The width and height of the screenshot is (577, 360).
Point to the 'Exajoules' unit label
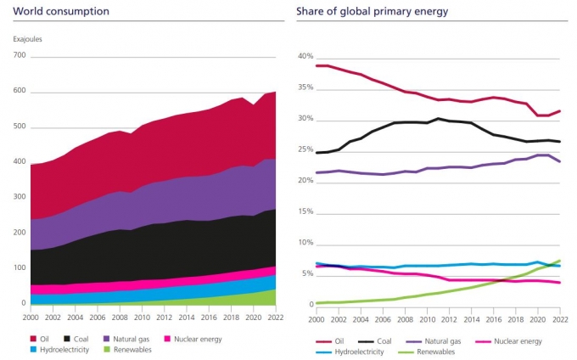[x=28, y=39]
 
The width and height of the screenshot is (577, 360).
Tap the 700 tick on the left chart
[x=20, y=56]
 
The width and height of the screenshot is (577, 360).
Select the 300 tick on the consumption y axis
[x=20, y=197]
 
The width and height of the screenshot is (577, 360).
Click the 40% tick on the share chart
[x=305, y=57]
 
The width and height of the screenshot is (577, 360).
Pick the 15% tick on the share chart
[x=305, y=212]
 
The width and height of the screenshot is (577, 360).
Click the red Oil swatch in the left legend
[x=35, y=340]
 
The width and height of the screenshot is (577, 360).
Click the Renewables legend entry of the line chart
[x=406, y=351]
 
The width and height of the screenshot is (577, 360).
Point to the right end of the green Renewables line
[x=560, y=261]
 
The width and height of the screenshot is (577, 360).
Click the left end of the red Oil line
[x=317, y=65]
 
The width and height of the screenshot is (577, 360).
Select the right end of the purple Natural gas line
[x=560, y=161]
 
